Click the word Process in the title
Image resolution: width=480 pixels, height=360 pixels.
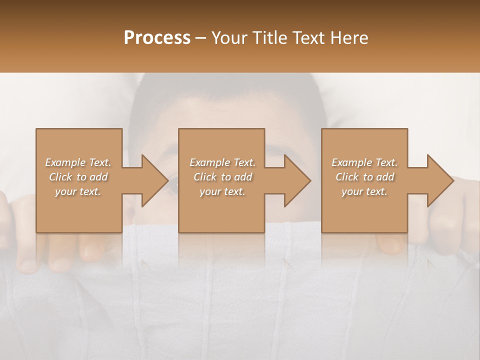click(157, 38)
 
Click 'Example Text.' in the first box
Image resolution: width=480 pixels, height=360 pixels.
click(78, 162)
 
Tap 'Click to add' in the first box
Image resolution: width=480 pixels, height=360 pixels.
click(78, 177)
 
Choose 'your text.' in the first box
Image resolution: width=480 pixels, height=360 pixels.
click(78, 191)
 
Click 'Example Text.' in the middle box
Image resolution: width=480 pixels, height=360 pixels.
click(222, 162)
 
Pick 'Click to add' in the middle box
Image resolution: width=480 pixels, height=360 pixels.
click(222, 177)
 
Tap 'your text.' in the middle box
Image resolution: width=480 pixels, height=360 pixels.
click(222, 191)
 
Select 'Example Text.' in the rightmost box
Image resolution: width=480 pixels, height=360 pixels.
click(364, 162)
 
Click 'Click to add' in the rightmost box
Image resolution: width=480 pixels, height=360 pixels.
click(364, 177)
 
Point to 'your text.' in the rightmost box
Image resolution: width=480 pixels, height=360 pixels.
click(364, 191)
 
